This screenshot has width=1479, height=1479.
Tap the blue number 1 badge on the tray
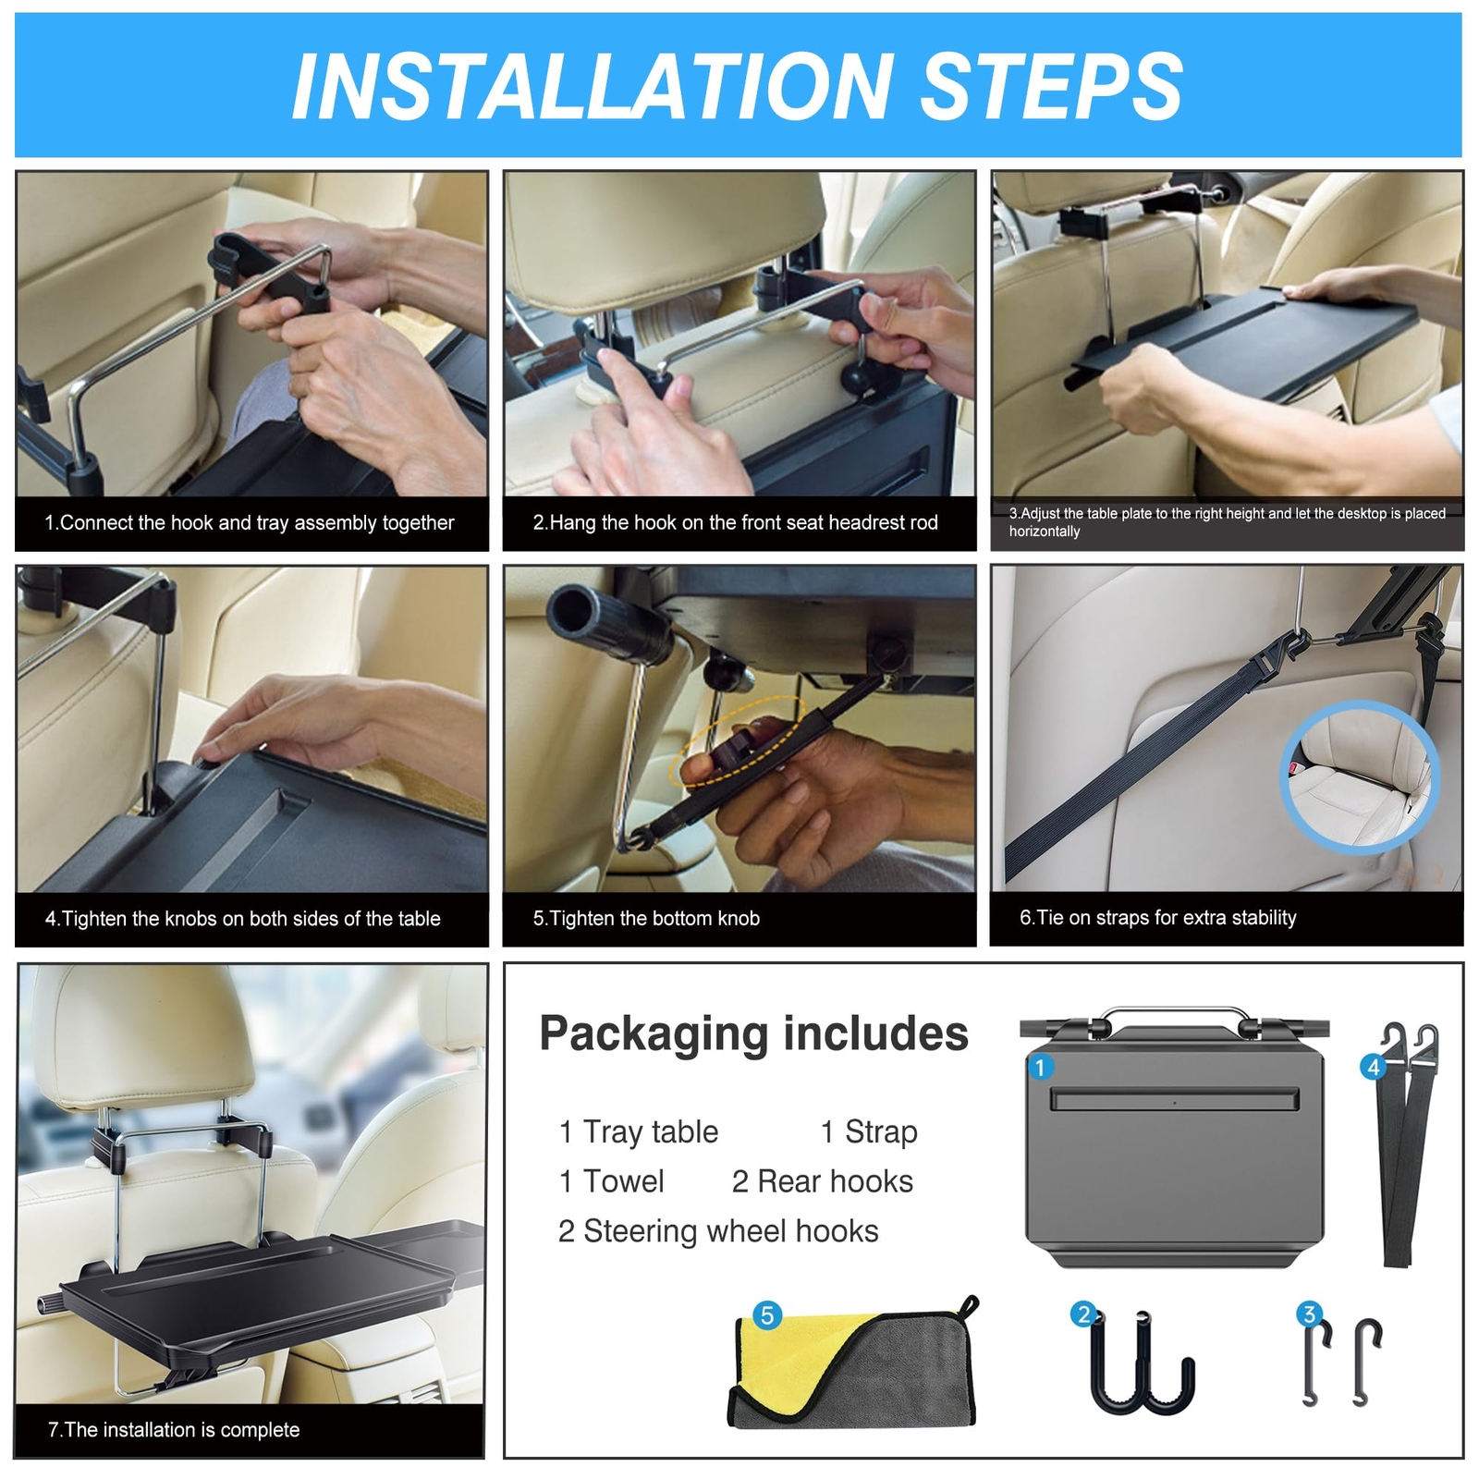tap(1040, 1068)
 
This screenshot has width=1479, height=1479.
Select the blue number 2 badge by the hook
tap(1083, 1314)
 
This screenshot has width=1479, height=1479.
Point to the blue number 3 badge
tap(1308, 1314)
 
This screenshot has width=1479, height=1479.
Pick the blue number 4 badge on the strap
tap(1374, 1068)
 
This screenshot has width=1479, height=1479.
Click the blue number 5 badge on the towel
tap(767, 1315)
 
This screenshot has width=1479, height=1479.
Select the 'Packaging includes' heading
tap(753, 1033)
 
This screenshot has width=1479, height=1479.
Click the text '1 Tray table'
tap(638, 1131)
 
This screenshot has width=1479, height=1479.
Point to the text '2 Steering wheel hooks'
tap(718, 1231)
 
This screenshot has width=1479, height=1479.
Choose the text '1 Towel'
tap(611, 1181)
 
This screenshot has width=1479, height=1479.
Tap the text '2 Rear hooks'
tap(823, 1181)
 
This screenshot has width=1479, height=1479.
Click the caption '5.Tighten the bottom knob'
tap(646, 918)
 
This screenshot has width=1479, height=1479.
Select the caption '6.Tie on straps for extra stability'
tap(1157, 917)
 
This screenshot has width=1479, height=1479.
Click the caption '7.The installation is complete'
tap(174, 1430)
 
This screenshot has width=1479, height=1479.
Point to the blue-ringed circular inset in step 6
tap(1359, 776)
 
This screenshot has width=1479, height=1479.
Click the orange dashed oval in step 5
tap(743, 740)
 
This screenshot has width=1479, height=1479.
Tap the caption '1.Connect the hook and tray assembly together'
tap(250, 523)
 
